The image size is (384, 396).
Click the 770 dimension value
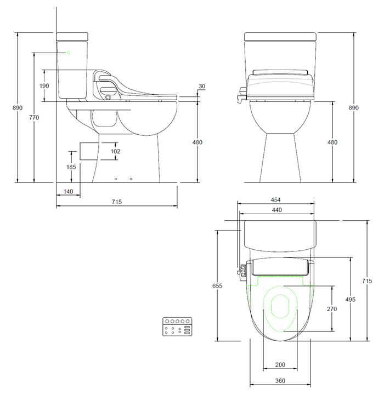33,117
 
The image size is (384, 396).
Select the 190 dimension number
44,85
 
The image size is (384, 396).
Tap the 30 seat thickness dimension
202,87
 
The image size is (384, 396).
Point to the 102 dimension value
115,151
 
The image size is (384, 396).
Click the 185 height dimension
71,167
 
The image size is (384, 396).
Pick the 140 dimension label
68,191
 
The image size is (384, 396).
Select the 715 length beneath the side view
116,202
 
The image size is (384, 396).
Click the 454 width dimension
276,200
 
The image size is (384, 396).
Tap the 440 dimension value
276,210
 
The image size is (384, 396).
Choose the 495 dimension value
350,299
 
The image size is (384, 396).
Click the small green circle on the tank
69,53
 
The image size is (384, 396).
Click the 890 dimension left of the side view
18,108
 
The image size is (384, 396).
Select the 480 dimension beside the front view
332,142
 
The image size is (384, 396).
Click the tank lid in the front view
280,36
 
